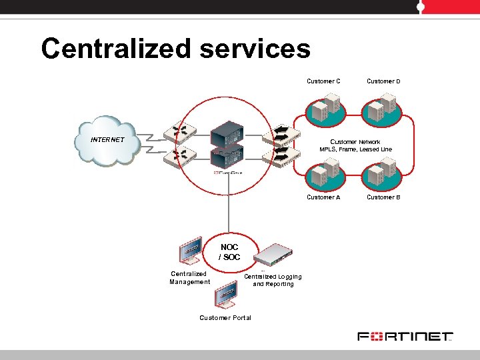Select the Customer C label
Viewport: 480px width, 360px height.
(x=323, y=81)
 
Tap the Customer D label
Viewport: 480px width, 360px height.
(x=383, y=81)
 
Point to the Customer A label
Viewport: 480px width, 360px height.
(x=323, y=197)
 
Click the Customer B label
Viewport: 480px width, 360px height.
(x=383, y=197)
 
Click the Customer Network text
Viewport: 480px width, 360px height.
(x=355, y=142)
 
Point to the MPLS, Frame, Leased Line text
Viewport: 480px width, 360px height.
(x=355, y=150)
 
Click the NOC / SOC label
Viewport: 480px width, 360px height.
(x=229, y=252)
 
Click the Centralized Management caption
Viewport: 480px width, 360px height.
(x=189, y=278)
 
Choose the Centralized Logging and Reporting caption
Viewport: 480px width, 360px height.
(x=273, y=280)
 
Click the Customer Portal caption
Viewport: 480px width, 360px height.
(x=225, y=318)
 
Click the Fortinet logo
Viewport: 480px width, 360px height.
(x=405, y=337)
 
